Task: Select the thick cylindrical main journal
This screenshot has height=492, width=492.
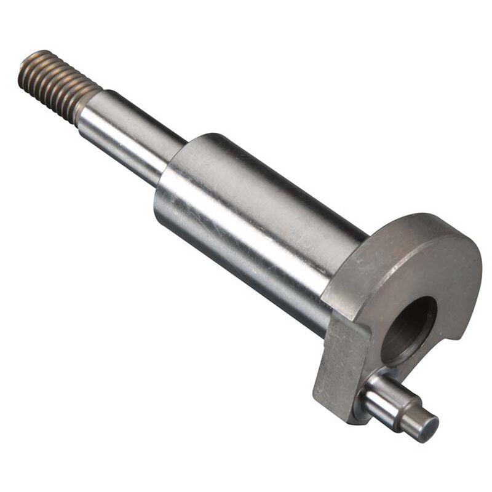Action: (258, 228)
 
